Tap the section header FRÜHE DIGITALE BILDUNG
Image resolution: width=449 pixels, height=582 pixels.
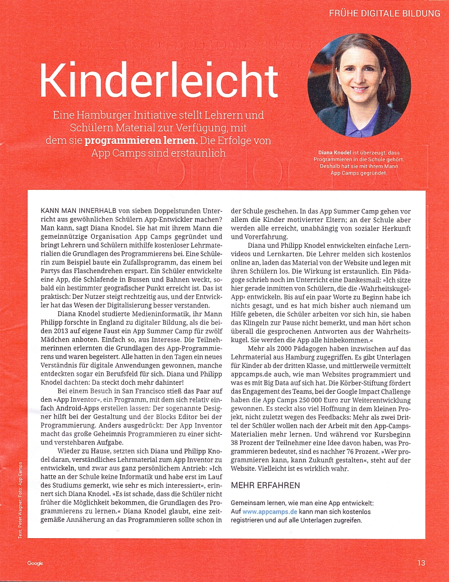tap(385, 13)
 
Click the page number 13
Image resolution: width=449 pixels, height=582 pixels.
tap(421, 563)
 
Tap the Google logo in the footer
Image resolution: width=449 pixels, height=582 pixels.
tap(35, 563)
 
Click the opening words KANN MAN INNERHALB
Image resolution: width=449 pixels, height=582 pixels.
tap(79, 210)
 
